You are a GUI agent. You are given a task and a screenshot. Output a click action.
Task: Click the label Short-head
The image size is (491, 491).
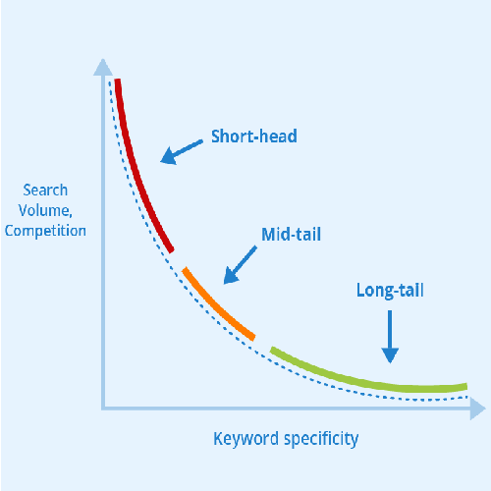coord(254,136)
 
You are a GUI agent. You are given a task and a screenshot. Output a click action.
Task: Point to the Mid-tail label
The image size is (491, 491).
coord(291,235)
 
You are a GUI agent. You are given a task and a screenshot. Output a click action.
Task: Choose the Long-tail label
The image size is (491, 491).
coord(390,291)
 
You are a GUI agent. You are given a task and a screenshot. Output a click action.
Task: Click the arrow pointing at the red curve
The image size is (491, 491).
coord(182,152)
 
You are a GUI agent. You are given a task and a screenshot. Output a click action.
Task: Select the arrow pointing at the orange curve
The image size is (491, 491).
coord(240,265)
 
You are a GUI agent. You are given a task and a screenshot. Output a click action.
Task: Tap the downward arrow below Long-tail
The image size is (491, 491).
coord(390,337)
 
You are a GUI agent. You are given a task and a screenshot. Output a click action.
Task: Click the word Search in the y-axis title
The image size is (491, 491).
coord(45,191)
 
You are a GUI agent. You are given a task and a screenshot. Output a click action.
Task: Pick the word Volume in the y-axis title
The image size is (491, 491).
coord(43,210)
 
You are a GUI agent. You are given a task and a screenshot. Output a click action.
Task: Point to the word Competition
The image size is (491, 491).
coord(45,231)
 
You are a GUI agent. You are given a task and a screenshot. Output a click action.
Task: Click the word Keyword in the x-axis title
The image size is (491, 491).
coord(245,439)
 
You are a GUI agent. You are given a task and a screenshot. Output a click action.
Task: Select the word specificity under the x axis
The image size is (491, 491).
coord(321,439)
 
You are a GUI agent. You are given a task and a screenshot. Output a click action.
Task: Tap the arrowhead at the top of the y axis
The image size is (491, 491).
coord(103,67)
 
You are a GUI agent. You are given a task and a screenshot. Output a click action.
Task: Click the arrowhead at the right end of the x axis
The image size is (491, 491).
coord(477,409)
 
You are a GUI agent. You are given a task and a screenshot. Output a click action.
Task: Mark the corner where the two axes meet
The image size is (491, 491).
coord(103,409)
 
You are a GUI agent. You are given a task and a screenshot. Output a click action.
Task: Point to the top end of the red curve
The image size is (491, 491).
coord(117,79)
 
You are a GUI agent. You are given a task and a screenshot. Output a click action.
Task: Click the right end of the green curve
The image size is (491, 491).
coord(466,386)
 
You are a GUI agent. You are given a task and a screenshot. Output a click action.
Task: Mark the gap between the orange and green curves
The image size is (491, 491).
coord(262,344)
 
